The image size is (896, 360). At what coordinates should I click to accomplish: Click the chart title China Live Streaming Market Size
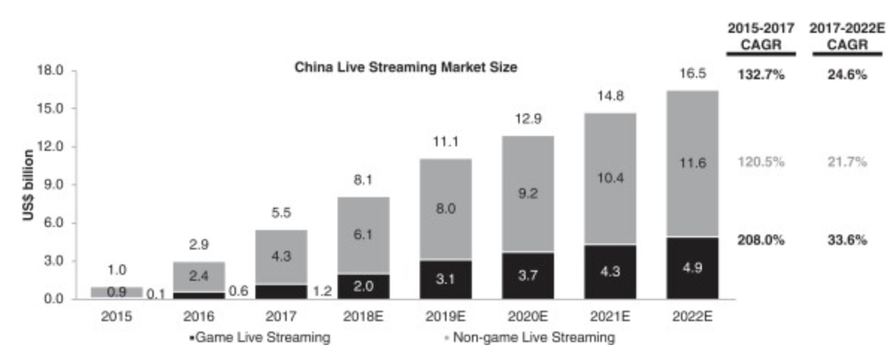tap(406, 67)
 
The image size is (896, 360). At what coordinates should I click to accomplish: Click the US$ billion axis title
tap(28, 184)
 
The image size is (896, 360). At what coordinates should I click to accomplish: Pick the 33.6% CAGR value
tap(846, 240)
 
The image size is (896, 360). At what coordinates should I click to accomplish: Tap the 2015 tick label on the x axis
tap(116, 317)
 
